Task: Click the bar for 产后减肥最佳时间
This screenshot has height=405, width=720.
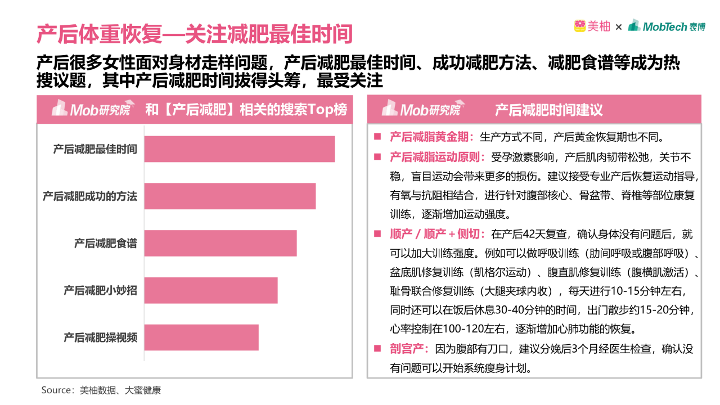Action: pyautogui.click(x=239, y=149)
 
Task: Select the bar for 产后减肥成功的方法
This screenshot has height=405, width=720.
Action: pyautogui.click(x=229, y=196)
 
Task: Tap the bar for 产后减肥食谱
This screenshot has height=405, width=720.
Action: pyautogui.click(x=220, y=243)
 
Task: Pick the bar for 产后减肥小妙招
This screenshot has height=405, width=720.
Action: pyautogui.click(x=210, y=290)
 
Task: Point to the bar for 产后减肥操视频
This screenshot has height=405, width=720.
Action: pyautogui.click(x=201, y=337)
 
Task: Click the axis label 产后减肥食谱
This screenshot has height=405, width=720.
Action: pyautogui.click(x=105, y=244)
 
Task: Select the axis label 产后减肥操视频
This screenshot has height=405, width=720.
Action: pyautogui.click(x=100, y=337)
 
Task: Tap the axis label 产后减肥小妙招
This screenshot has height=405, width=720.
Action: pyautogui.click(x=100, y=291)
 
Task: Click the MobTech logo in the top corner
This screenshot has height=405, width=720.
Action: pyautogui.click(x=666, y=26)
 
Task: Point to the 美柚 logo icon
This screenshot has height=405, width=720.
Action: pyautogui.click(x=580, y=26)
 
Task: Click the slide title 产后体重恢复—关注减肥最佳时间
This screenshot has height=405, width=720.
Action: pyautogui.click(x=195, y=34)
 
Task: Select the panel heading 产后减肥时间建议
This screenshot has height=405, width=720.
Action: pyautogui.click(x=548, y=110)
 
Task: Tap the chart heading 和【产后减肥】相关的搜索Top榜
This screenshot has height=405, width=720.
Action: pyautogui.click(x=246, y=109)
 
